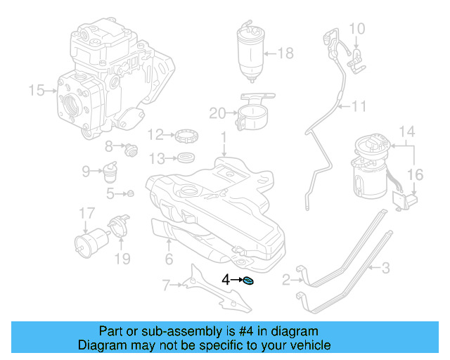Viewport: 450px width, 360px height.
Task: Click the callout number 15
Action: [36, 90]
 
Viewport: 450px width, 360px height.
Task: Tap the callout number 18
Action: [285, 53]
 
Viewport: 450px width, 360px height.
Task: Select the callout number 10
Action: [357, 29]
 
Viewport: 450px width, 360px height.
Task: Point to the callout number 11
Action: [359, 107]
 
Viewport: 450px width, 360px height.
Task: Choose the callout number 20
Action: [217, 112]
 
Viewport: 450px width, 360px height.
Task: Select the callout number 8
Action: [109, 146]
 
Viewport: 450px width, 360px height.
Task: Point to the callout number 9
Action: [86, 170]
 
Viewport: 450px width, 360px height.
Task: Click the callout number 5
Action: [110, 193]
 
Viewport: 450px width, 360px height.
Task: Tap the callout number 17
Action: [86, 213]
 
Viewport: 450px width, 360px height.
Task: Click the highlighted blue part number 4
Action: [247, 281]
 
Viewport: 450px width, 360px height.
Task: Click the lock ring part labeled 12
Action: [185, 133]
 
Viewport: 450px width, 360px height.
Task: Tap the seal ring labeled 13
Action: [186, 156]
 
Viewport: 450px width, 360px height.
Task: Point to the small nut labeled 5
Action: [130, 193]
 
